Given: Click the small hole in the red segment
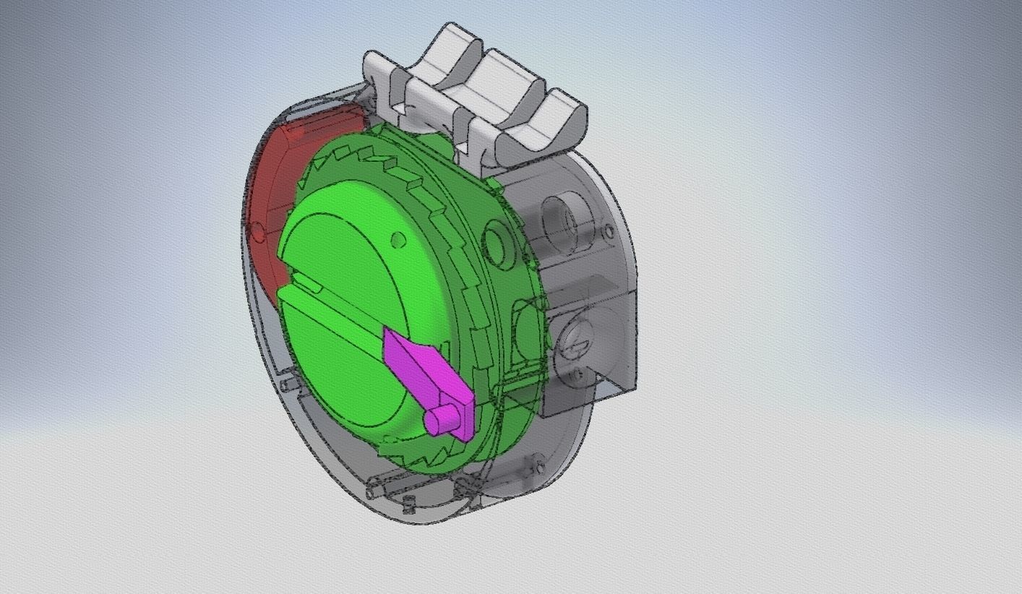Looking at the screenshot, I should (257, 232).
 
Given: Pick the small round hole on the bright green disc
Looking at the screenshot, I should (398, 239).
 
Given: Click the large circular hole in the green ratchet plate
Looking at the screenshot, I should (497, 241).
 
